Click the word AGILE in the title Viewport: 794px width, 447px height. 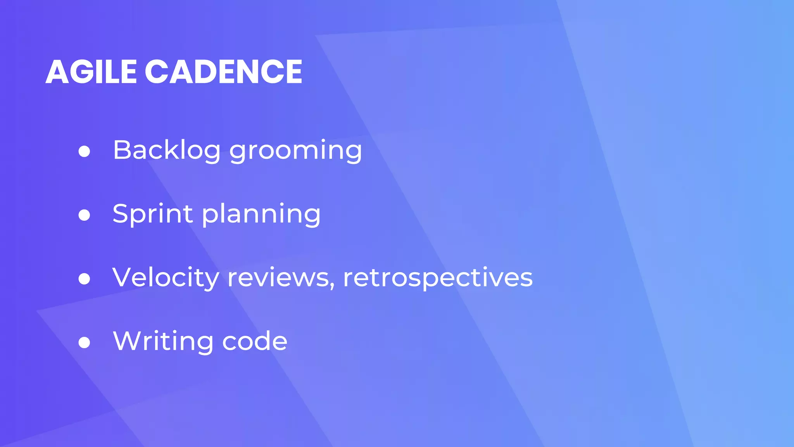tap(91, 72)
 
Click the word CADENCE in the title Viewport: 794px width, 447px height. tap(223, 72)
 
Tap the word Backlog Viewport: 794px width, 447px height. tap(167, 150)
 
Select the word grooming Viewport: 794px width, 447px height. tap(295, 151)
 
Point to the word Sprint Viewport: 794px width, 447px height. tap(152, 213)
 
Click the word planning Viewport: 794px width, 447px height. tap(261, 215)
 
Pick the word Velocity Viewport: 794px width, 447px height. tap(166, 278)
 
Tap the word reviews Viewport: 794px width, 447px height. tap(278, 278)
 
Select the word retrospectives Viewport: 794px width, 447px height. tap(438, 279)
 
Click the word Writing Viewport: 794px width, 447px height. tap(163, 341)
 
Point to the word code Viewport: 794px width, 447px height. tap(255, 341)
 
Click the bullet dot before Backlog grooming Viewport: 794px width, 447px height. tap(84, 151)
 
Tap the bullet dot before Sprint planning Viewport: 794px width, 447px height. tap(84, 215)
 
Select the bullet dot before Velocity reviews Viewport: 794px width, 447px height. tap(84, 279)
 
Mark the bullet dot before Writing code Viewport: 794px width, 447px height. tap(84, 342)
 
